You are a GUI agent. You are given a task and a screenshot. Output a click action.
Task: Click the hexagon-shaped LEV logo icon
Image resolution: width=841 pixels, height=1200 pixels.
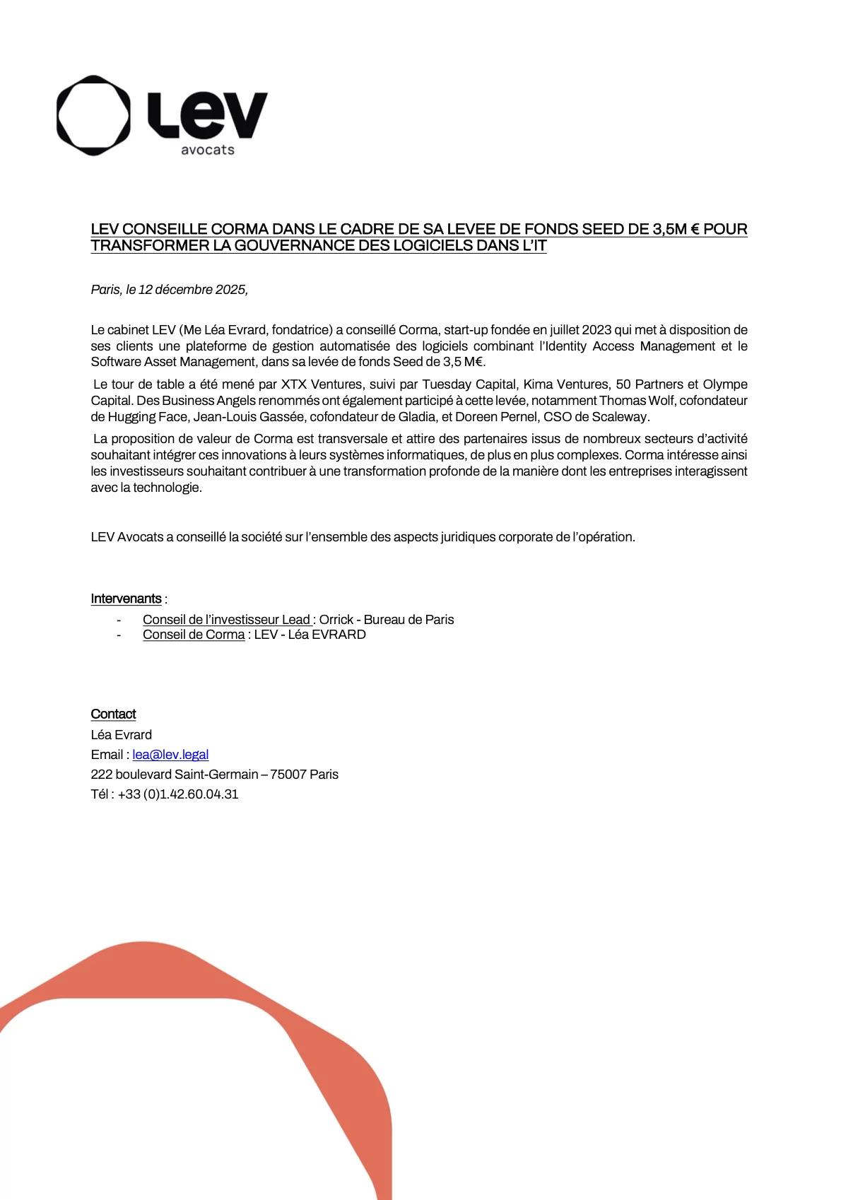[x=93, y=115]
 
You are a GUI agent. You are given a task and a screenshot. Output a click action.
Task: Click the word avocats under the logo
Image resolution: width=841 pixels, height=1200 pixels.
[x=207, y=150]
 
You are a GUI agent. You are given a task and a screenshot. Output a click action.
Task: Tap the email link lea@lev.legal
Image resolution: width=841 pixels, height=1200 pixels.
[x=170, y=755]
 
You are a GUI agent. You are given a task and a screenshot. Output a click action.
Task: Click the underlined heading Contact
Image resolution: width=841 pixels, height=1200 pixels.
[x=113, y=714]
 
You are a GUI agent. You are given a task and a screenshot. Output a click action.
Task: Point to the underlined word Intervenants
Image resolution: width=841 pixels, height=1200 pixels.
[x=126, y=599]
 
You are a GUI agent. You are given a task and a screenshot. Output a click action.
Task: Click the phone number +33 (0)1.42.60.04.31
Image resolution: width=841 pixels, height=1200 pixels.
[x=178, y=794]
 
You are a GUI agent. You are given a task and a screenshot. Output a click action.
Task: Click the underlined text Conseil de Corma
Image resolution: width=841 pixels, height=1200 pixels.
[x=194, y=635]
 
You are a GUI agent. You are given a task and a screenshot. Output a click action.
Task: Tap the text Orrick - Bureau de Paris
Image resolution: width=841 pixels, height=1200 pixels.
[x=387, y=620]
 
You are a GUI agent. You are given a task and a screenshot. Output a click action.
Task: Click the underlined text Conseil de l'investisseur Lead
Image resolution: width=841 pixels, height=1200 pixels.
[x=226, y=620]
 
